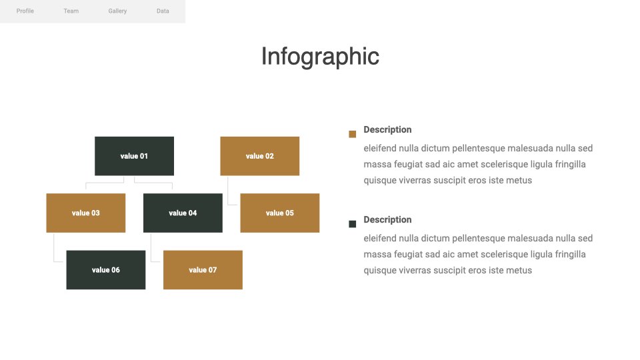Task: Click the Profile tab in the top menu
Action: tap(25, 11)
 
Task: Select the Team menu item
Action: tap(71, 11)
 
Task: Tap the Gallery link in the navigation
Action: tap(117, 11)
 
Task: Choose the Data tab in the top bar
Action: tap(163, 11)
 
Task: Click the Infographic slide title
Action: tap(321, 56)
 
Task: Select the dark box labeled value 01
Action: tap(134, 156)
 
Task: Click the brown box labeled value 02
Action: tap(259, 156)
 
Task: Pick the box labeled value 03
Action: tap(86, 213)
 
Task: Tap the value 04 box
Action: tap(183, 213)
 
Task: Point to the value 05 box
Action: tap(279, 213)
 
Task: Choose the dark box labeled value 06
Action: tap(106, 270)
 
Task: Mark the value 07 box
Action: tap(203, 270)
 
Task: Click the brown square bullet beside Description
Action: tap(352, 134)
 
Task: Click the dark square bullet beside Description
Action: tap(352, 224)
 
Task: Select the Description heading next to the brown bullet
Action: tap(387, 129)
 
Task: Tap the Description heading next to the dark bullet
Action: tap(387, 219)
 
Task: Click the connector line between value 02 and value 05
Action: tap(228, 195)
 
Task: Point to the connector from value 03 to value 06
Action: tap(54, 252)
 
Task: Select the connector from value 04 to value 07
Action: tap(151, 252)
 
